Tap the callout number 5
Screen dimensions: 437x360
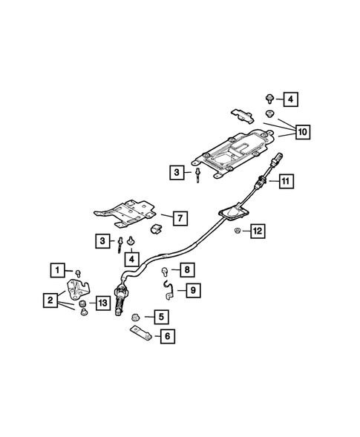[160, 318]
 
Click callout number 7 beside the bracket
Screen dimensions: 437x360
[178, 218]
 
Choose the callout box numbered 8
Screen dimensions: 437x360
[187, 269]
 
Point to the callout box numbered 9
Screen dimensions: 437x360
[192, 290]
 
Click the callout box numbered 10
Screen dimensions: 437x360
[301, 132]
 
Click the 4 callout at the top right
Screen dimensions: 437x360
[290, 98]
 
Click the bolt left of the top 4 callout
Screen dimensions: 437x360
[269, 97]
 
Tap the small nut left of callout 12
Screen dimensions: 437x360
[236, 232]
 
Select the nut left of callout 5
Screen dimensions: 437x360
[134, 318]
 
